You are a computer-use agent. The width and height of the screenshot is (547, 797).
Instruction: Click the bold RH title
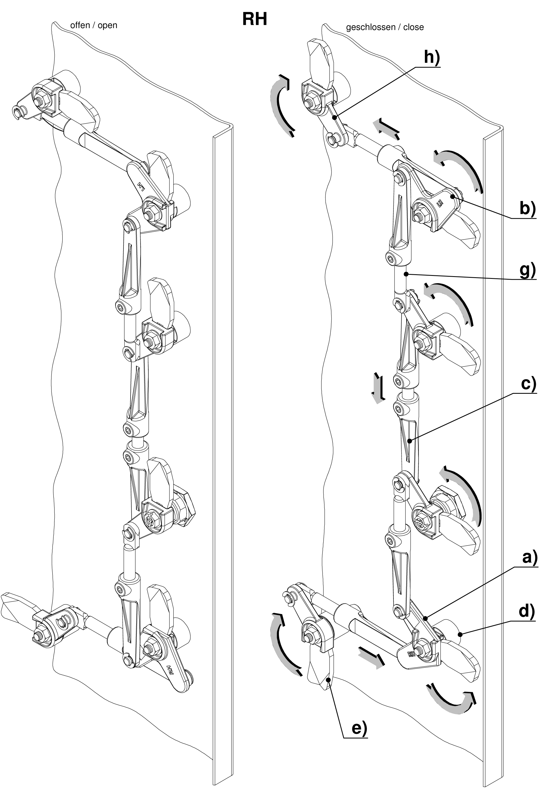coord(254,19)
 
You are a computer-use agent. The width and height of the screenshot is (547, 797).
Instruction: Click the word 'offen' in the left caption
coord(80,25)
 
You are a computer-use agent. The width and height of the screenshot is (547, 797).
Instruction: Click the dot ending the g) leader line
coord(406,274)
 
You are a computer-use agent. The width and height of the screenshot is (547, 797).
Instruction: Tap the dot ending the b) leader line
coord(453,197)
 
